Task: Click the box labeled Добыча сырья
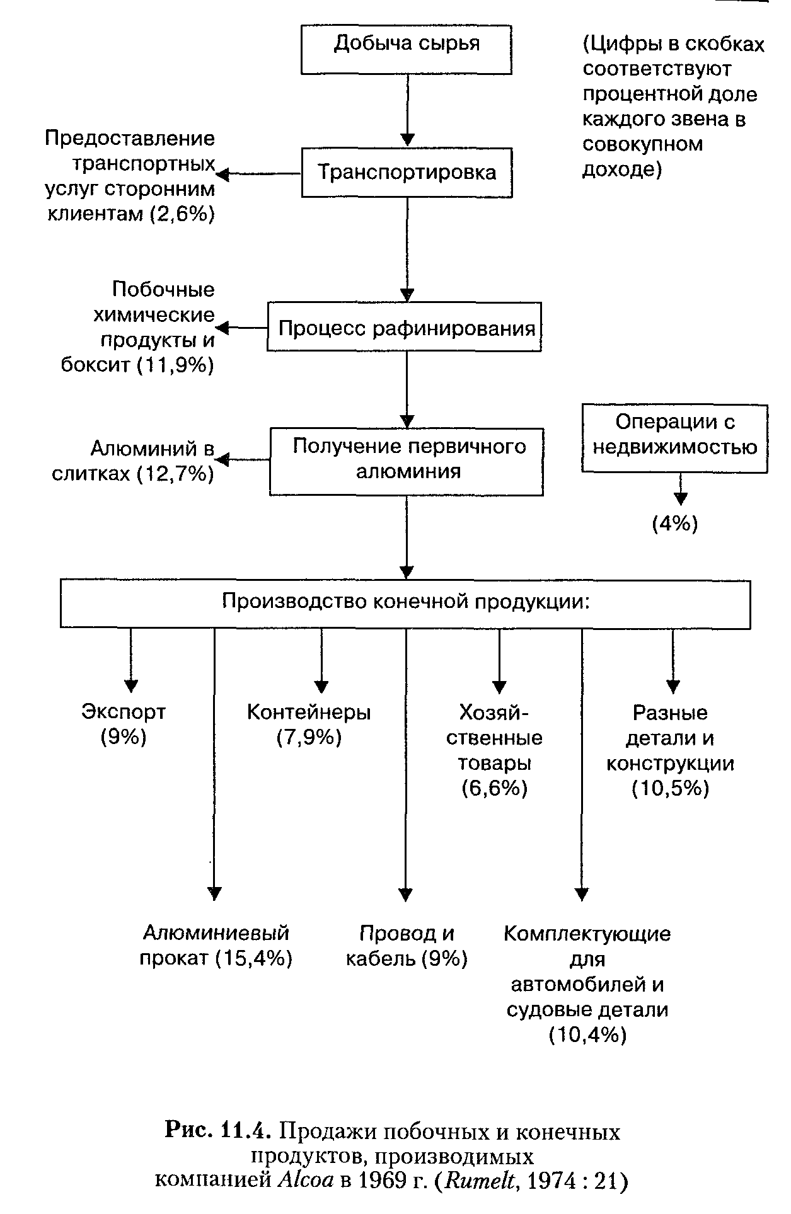click(x=407, y=49)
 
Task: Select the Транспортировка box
click(x=407, y=172)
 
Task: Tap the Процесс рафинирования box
click(x=404, y=327)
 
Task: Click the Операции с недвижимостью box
click(x=674, y=438)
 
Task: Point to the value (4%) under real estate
click(x=674, y=524)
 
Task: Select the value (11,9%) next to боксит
click(x=176, y=365)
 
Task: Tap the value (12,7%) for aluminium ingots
click(x=176, y=473)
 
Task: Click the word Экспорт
click(x=124, y=712)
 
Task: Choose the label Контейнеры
click(x=309, y=712)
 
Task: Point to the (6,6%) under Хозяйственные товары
click(x=494, y=787)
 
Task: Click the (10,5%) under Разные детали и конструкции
click(x=670, y=788)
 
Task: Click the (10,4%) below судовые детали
click(x=587, y=1034)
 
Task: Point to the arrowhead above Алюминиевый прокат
click(x=215, y=893)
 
